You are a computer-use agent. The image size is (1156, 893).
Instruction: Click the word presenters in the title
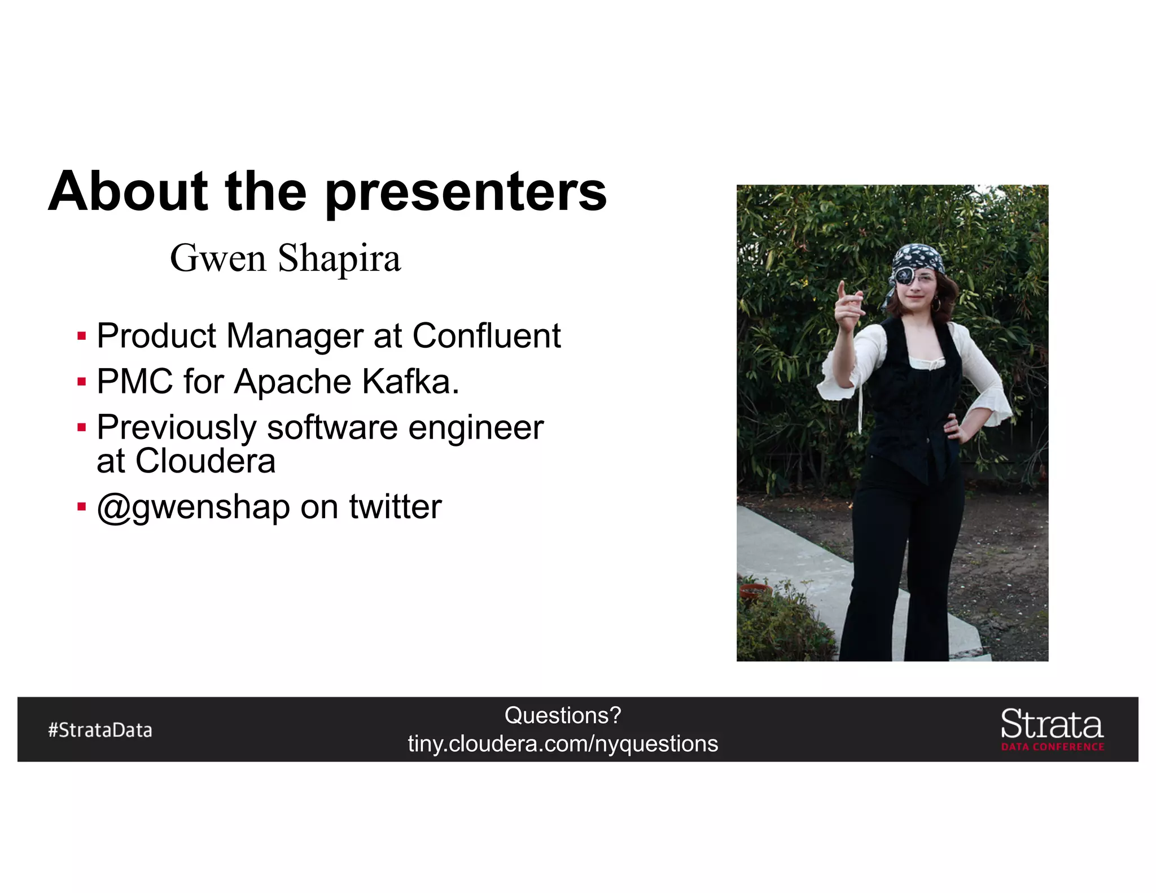(x=466, y=193)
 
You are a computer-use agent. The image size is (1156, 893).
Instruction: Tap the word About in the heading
(x=128, y=192)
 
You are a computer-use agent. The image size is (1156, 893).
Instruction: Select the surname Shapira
(x=339, y=259)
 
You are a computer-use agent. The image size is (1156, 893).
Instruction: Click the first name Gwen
(x=218, y=259)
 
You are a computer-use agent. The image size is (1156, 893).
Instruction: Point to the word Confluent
(x=487, y=336)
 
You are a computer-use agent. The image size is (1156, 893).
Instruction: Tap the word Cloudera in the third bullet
(x=205, y=461)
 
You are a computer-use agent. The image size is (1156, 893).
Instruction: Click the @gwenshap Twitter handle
(x=194, y=507)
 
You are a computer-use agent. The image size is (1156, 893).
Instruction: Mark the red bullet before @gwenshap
(x=82, y=507)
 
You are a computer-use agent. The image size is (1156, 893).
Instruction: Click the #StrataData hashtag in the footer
(x=100, y=730)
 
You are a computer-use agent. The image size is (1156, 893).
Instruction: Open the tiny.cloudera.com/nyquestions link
(x=563, y=744)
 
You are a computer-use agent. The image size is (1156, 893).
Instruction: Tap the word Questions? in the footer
(x=563, y=716)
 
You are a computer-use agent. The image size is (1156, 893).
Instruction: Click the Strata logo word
(x=1052, y=725)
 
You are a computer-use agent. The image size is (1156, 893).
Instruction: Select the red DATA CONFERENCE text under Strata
(x=1053, y=747)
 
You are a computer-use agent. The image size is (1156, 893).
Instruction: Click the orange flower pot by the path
(x=755, y=592)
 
